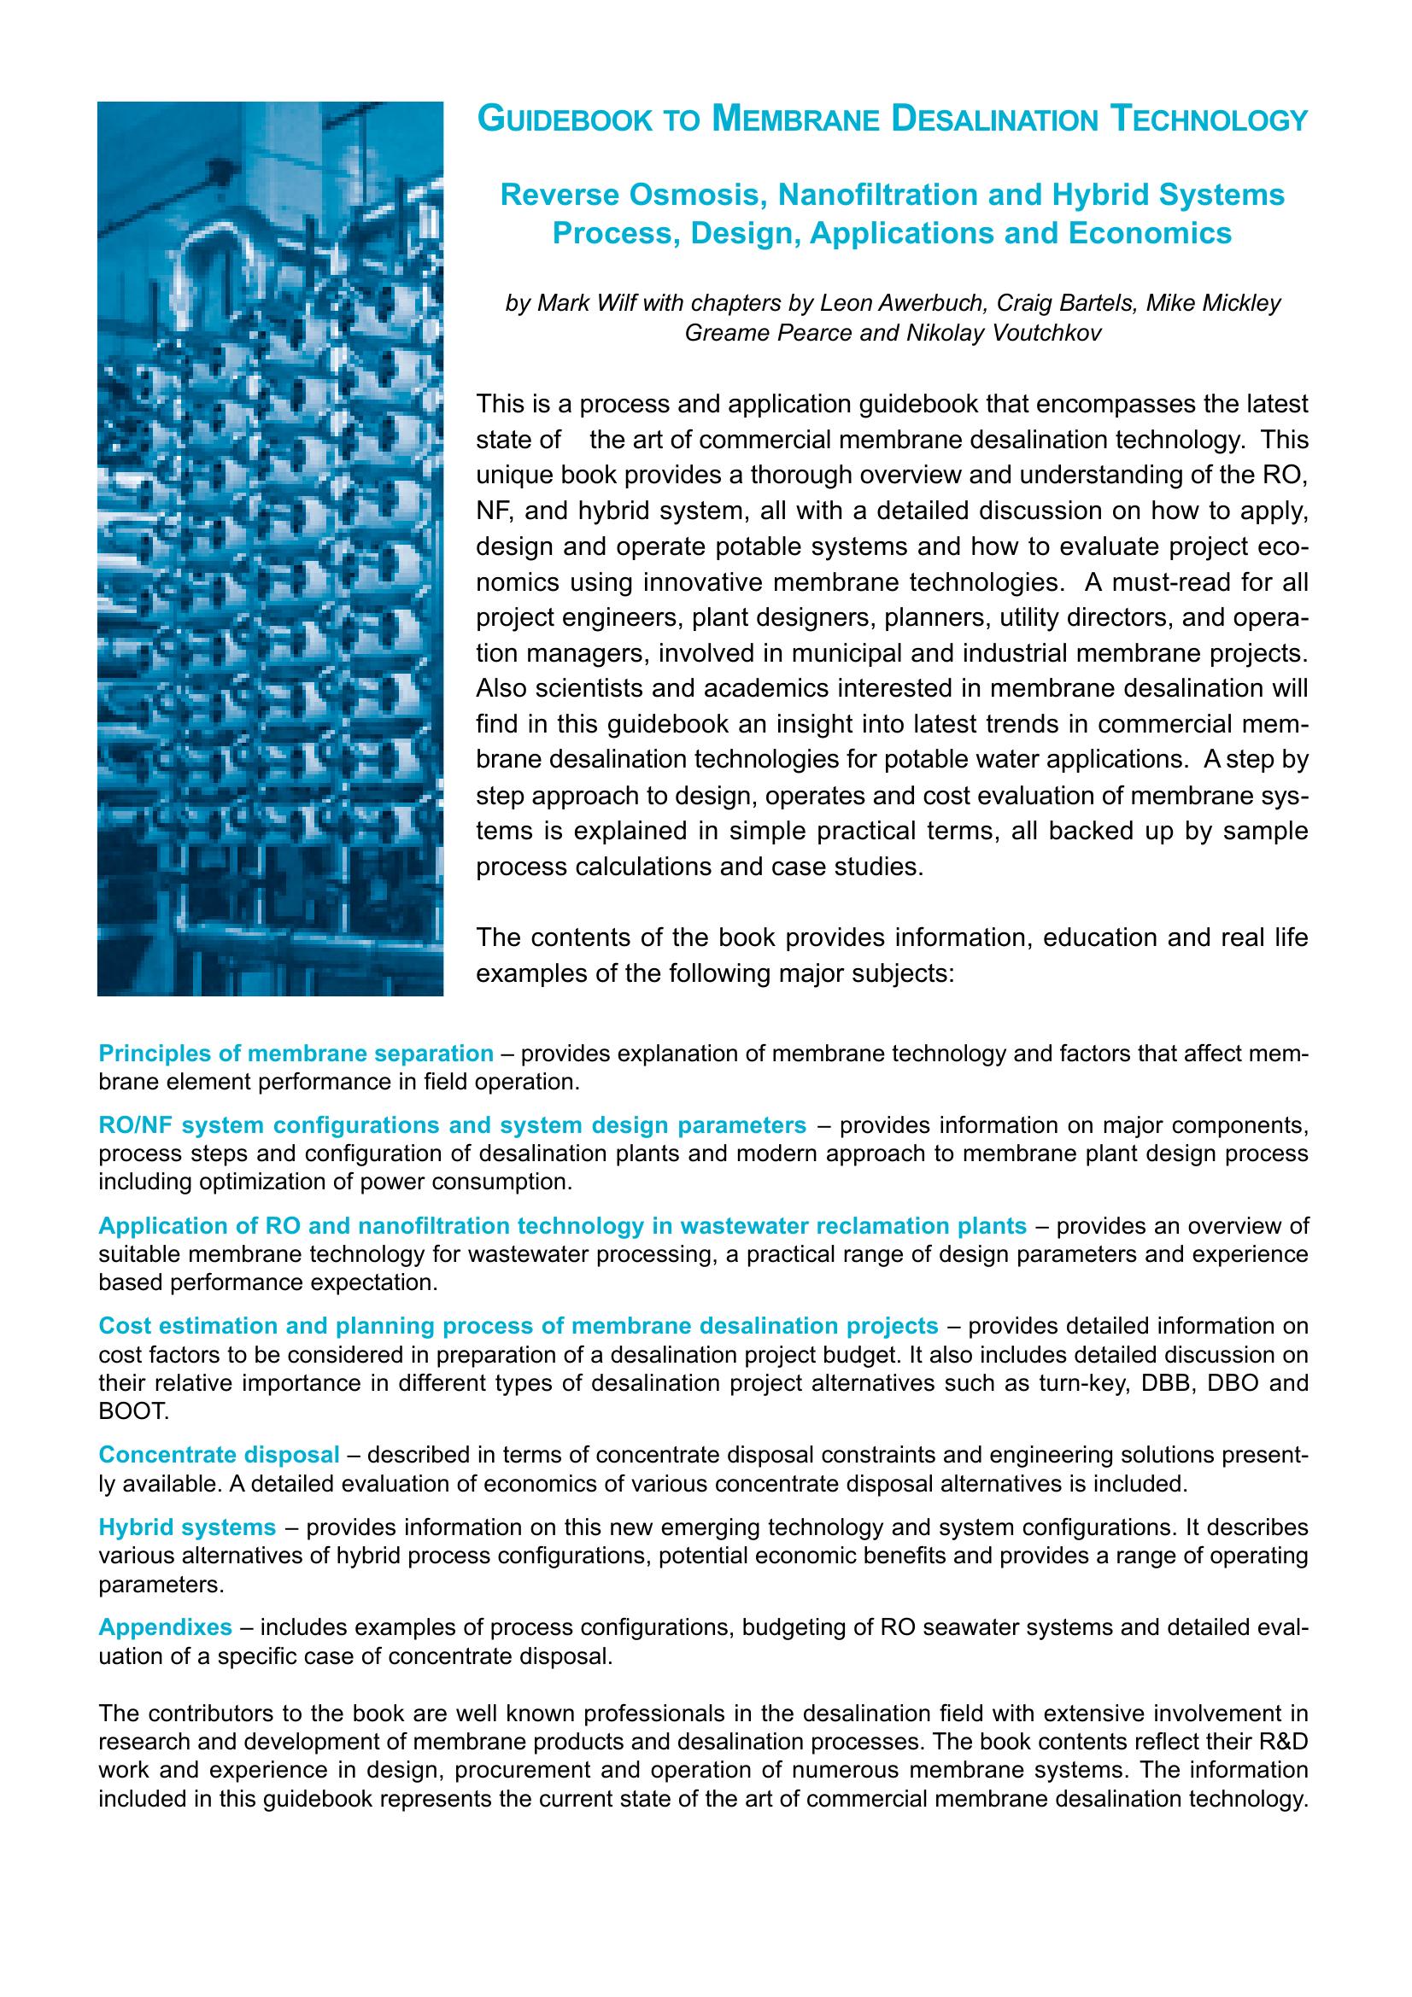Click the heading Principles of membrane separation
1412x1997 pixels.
pyautogui.click(x=296, y=1054)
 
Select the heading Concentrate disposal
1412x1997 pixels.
pyautogui.click(x=219, y=1454)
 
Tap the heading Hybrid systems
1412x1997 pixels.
pyautogui.click(x=187, y=1527)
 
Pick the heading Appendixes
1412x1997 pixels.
pyautogui.click(x=166, y=1626)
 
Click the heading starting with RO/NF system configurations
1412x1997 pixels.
pyautogui.click(x=453, y=1125)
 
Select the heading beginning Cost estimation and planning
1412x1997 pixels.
pyautogui.click(x=519, y=1326)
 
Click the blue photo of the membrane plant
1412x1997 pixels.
pyautogui.click(x=270, y=548)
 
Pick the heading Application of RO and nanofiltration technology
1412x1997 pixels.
pyautogui.click(x=562, y=1225)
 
